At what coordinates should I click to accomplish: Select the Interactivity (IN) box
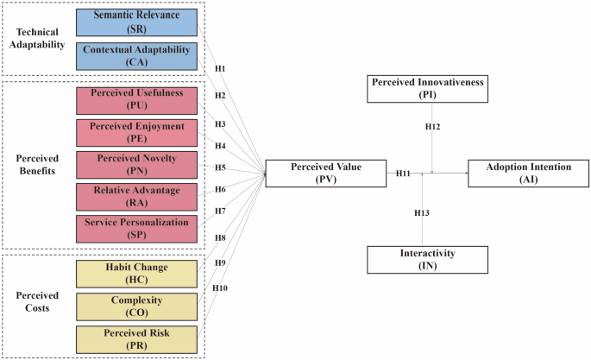[x=423, y=260]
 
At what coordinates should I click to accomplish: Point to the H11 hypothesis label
[x=403, y=174]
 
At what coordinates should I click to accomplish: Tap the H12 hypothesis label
[x=433, y=127]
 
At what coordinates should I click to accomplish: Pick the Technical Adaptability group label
[x=35, y=38]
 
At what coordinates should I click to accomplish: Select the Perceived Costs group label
[x=35, y=300]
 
